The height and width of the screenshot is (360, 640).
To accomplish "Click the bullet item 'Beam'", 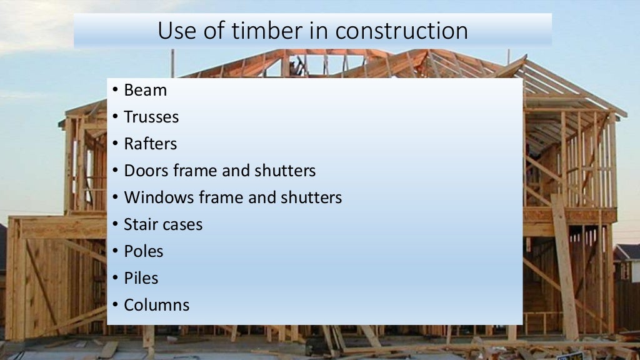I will point(145,90).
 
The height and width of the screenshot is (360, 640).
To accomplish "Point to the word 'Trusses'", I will point(151,117).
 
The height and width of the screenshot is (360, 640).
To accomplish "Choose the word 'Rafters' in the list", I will point(150,144).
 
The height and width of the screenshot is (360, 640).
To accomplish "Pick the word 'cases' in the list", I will point(182,225).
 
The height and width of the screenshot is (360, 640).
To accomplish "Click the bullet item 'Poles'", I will point(143,251).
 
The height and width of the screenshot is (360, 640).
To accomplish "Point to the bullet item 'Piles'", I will point(141,278).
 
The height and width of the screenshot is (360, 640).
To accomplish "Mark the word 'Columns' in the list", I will point(156,305).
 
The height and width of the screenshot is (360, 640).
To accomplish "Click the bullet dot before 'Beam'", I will point(116,91).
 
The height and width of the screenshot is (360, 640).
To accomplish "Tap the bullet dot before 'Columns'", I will point(116,306).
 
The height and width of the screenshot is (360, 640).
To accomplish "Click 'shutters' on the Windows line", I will point(311,197).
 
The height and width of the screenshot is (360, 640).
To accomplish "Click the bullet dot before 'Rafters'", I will point(116,144).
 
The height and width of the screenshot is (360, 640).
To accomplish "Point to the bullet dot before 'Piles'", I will point(116,279).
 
